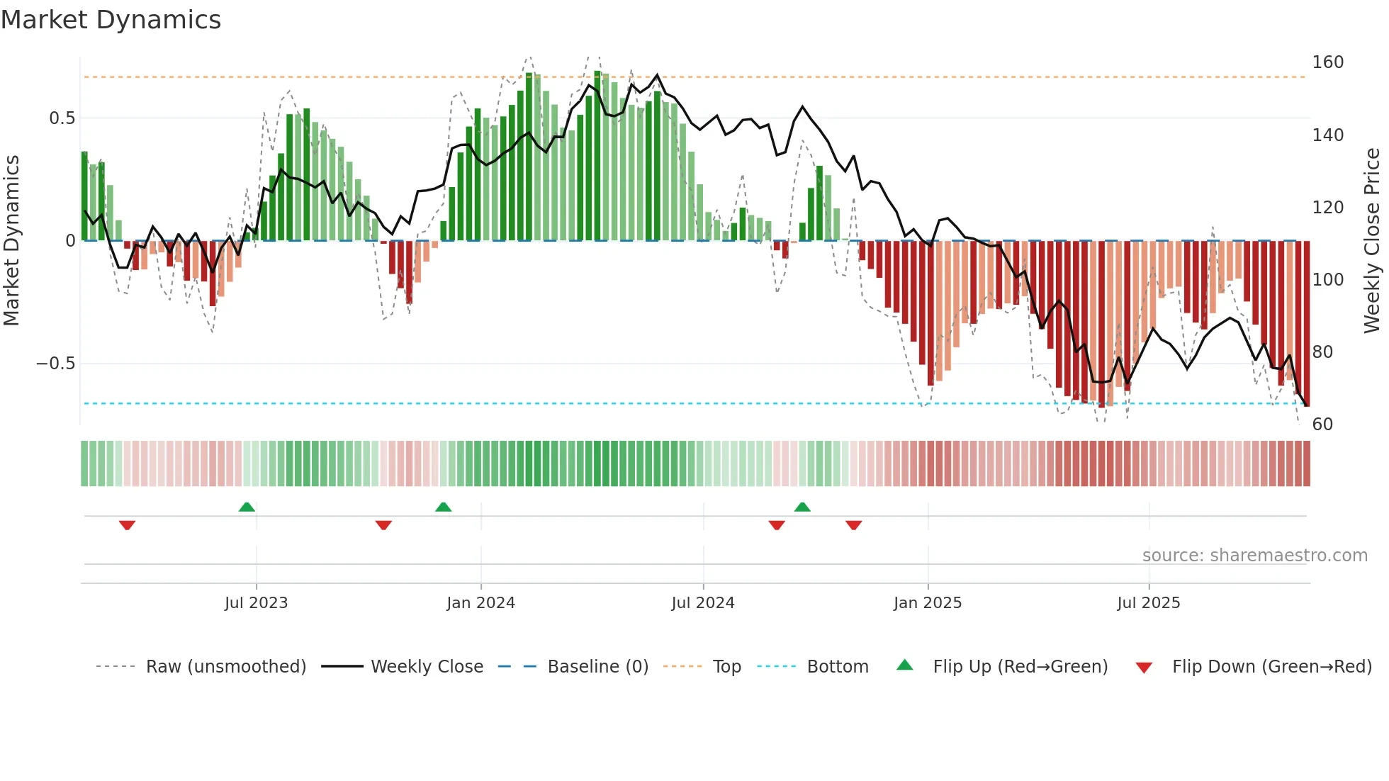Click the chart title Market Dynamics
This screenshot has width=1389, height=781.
(111, 20)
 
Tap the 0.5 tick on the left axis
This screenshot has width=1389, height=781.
(62, 118)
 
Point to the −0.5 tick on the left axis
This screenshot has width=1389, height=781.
(55, 364)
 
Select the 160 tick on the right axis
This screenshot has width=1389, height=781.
(1327, 62)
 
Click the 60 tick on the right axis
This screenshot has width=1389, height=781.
(1322, 425)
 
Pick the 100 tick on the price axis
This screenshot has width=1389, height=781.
(1327, 280)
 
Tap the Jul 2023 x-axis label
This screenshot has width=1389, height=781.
(256, 603)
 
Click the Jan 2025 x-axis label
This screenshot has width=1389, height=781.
(927, 603)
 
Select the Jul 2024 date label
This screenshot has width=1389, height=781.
(702, 603)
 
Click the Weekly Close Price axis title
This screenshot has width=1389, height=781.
(1372, 241)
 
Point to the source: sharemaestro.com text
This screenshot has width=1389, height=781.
(1254, 556)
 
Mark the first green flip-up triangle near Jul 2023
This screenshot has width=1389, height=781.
(247, 507)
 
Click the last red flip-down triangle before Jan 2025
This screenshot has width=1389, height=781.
(853, 525)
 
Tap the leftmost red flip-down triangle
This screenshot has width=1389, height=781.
(127, 525)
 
